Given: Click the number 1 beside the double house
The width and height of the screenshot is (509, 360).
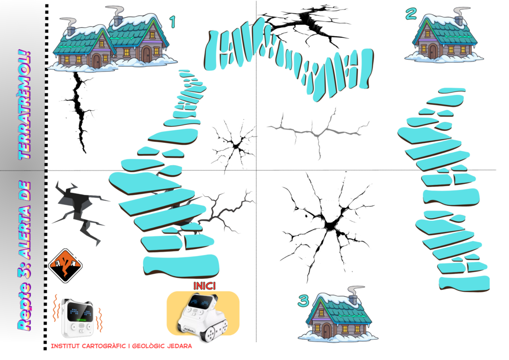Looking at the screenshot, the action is tap(172, 22).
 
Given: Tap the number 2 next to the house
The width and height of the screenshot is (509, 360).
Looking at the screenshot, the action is tap(411, 14).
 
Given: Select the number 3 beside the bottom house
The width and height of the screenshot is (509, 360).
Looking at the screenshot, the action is tap(303, 301).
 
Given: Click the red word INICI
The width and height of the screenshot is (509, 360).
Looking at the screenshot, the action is tap(204, 285).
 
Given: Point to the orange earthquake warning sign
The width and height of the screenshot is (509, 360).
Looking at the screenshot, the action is tap(65, 265).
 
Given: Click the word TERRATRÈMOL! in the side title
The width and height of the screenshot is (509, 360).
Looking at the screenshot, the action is tap(25, 104).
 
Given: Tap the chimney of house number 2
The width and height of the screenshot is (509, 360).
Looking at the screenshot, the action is tap(459, 16).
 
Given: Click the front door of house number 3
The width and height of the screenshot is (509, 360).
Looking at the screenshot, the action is tap(327, 331).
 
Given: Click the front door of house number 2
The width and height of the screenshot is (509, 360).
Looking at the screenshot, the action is tap(433, 51).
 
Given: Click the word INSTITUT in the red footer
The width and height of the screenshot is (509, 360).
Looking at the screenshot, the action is tap(65, 346).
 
